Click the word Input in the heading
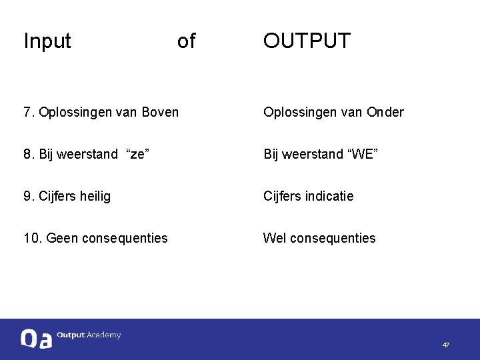coord(47,41)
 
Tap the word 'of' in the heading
coord(186,41)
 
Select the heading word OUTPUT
coord(306,41)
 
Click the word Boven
coord(160,112)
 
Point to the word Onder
coord(385,112)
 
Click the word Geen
coord(63,238)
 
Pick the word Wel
coord(274,238)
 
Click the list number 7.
coord(28,112)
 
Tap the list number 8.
coord(28,155)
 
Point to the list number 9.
coord(28,196)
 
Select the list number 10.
coord(31,238)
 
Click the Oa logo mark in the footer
coord(36,339)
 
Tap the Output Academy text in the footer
coord(89,335)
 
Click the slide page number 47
coord(445,345)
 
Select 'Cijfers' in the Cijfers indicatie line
coord(283,196)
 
